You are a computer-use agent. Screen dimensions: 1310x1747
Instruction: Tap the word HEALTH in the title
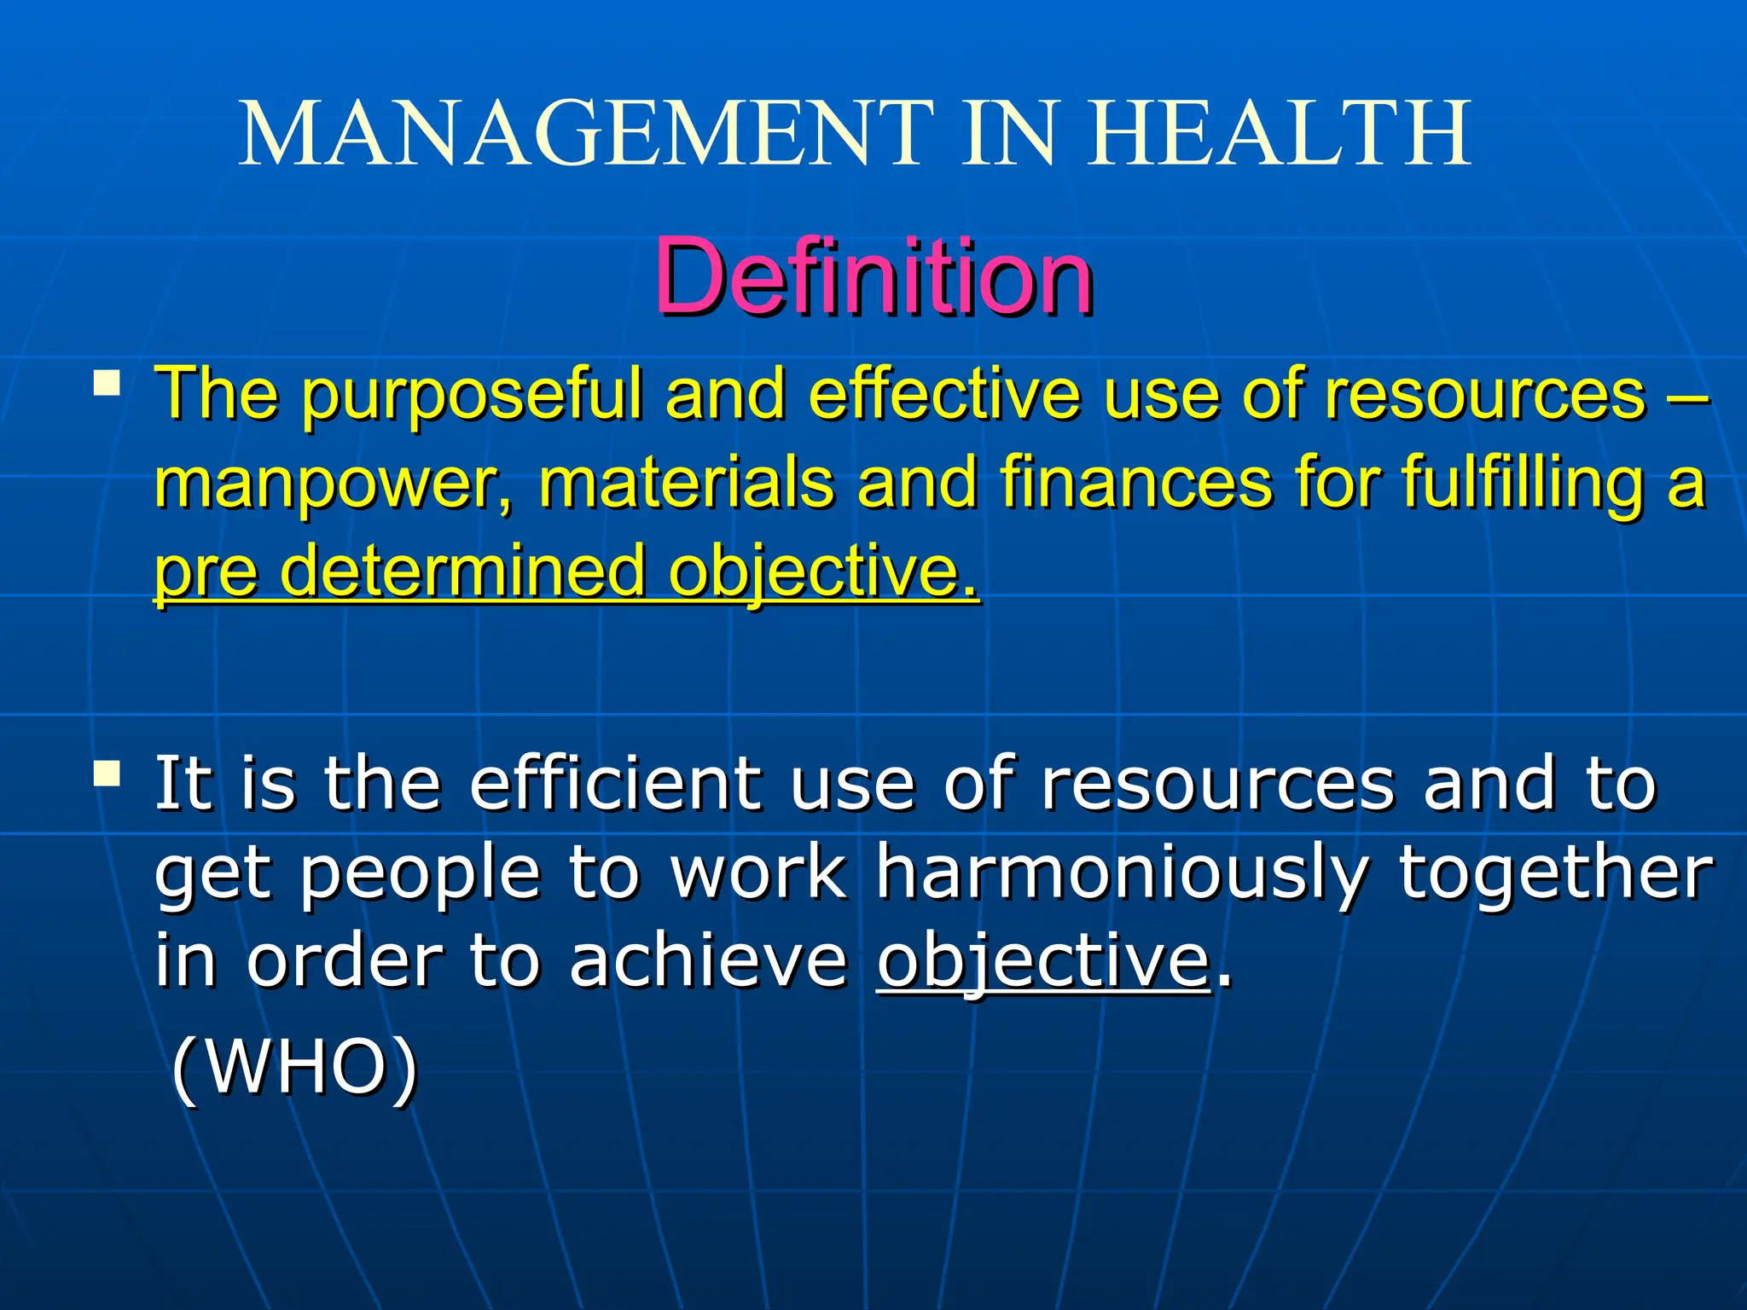click(x=1280, y=134)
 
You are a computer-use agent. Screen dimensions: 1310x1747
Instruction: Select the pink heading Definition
click(x=873, y=277)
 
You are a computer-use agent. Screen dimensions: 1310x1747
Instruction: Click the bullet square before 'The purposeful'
click(x=107, y=383)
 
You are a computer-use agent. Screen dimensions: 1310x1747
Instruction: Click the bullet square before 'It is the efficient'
click(x=107, y=774)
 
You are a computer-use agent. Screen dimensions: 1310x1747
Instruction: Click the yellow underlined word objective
click(x=822, y=572)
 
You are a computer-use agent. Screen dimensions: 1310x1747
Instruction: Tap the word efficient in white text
click(x=614, y=784)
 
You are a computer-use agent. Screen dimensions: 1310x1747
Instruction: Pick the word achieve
click(x=708, y=961)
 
